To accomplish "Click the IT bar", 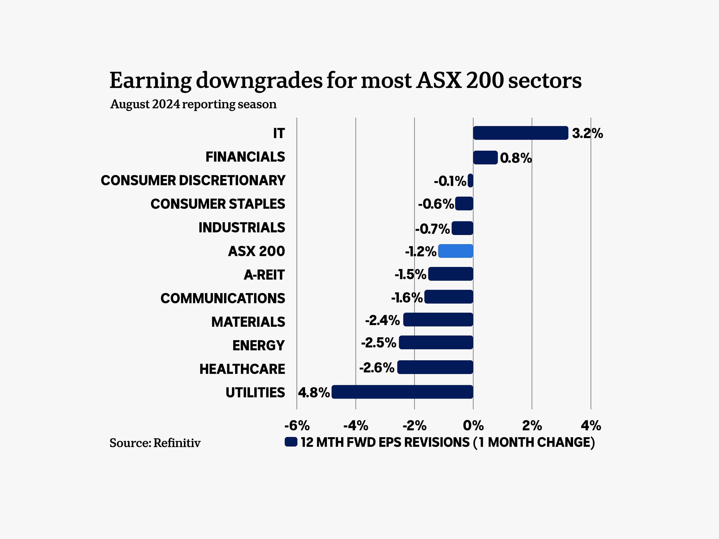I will point(520,133).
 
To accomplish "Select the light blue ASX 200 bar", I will point(455,251).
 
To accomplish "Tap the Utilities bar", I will point(402,392).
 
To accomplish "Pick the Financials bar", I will point(485,158).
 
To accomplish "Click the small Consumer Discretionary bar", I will point(470,180).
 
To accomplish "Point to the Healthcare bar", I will point(435,367).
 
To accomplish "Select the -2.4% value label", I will point(382,320).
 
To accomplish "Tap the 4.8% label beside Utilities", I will point(314,392).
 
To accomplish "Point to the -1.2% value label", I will point(421,251).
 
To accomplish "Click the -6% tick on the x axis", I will point(297,426).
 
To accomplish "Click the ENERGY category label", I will point(258,345).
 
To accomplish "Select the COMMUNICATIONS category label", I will point(223,298).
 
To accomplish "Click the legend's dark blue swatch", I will point(291,442).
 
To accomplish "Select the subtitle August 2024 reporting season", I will point(193,104).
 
